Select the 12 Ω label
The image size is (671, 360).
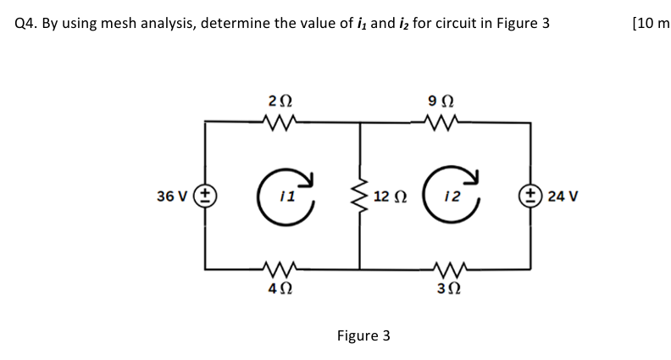point(393,197)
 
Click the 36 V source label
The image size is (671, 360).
point(173,197)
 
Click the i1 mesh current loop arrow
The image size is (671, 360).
point(286,196)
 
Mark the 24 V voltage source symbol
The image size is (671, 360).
point(531,197)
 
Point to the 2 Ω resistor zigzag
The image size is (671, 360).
point(277,123)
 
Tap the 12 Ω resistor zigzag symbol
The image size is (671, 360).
point(360,196)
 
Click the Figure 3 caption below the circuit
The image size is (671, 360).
point(363,336)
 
